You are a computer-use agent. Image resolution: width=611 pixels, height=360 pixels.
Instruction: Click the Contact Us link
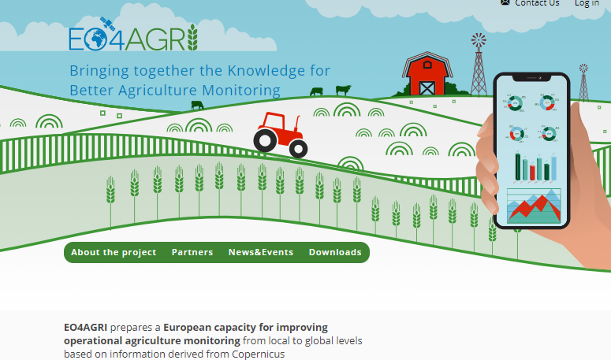(536, 3)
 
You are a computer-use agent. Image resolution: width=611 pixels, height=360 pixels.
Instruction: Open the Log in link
(587, 3)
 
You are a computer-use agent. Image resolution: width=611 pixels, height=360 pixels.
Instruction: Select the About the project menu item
(114, 253)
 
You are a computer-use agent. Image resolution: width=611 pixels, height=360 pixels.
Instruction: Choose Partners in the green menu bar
(192, 253)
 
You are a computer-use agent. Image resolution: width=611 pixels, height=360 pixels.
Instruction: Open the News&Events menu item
(261, 253)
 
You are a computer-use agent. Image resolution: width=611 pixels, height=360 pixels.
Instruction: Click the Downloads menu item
(335, 253)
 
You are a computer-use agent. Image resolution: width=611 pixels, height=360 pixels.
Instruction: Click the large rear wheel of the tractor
(266, 139)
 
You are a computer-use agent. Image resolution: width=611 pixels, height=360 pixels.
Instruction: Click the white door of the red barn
(427, 86)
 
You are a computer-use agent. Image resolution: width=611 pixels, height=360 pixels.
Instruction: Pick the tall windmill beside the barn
(479, 63)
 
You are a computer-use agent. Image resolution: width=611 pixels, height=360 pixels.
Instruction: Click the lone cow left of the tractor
(196, 105)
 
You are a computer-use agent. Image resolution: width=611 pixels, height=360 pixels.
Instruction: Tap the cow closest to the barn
(343, 90)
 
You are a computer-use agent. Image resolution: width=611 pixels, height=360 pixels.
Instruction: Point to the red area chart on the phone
(533, 206)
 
